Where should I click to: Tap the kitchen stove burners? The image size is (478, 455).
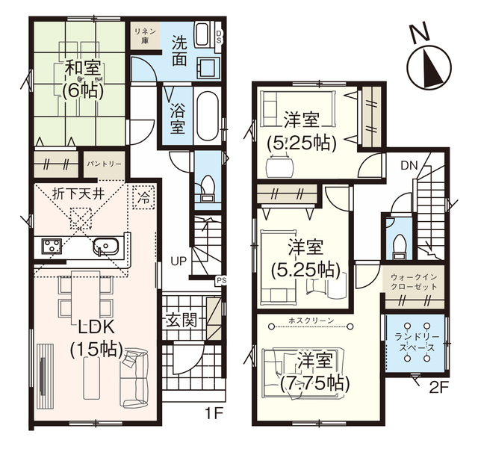pos(51,247)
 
